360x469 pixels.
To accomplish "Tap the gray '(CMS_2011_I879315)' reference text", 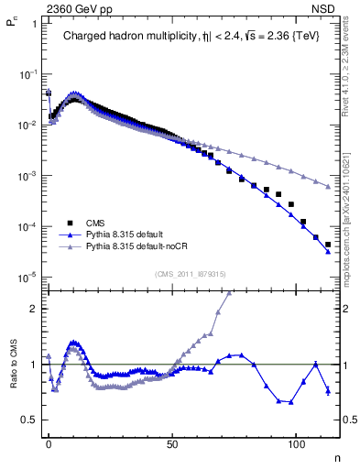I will tap(190, 274).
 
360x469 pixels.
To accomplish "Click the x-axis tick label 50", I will tap(173, 442).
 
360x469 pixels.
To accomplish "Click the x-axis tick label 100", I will tap(296, 442).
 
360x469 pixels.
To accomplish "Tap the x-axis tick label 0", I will tap(49, 442).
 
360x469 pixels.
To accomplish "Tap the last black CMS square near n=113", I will tap(328, 245).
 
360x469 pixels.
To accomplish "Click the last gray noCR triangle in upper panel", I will tap(328, 187).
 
